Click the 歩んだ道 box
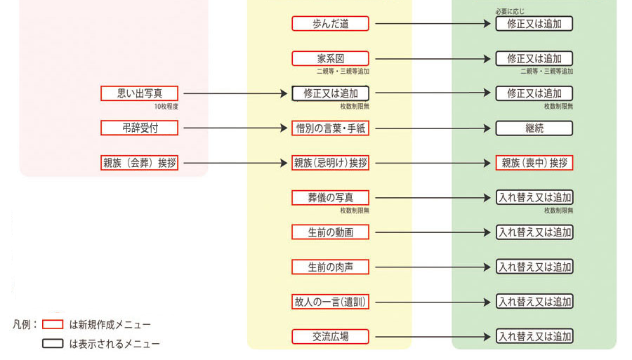pyautogui.click(x=330, y=24)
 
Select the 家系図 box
pyautogui.click(x=330, y=59)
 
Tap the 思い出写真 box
pyautogui.click(x=139, y=93)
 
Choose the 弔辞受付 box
pyautogui.click(x=139, y=128)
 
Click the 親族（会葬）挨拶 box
pyautogui.click(x=139, y=163)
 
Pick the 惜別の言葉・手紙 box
pyautogui.click(x=330, y=128)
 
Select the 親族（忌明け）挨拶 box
pyautogui.click(x=330, y=163)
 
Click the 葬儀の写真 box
pyautogui.click(x=330, y=198)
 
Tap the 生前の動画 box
pyautogui.click(x=330, y=232)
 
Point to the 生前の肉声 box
pyautogui.click(x=330, y=267)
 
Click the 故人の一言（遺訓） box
pyautogui.click(x=330, y=302)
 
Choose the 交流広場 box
pyautogui.click(x=330, y=336)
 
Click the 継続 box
pyautogui.click(x=534, y=128)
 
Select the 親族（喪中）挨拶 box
pyautogui.click(x=534, y=163)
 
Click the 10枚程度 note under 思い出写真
pyautogui.click(x=167, y=106)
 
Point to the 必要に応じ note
pyautogui.click(x=510, y=11)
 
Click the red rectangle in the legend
pyautogui.click(x=53, y=324)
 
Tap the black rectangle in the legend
pyautogui.click(x=53, y=344)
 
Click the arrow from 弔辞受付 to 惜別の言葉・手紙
pyautogui.click(x=235, y=128)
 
